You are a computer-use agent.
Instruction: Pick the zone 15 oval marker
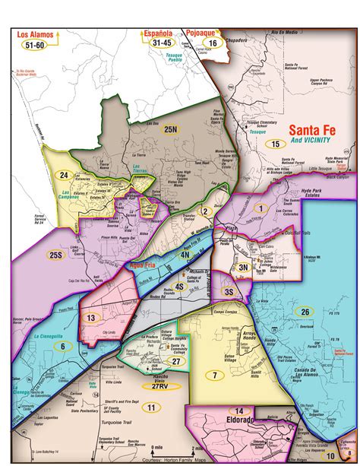(273, 143)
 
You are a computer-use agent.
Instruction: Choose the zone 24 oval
(65, 176)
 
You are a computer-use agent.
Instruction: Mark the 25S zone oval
(55, 254)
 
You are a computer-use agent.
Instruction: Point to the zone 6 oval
(62, 346)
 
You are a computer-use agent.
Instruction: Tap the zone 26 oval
(305, 312)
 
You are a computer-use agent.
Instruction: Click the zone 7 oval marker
(215, 375)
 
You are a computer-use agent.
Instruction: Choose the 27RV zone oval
(159, 386)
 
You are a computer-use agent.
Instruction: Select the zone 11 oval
(151, 408)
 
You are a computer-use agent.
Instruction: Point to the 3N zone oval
(243, 267)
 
